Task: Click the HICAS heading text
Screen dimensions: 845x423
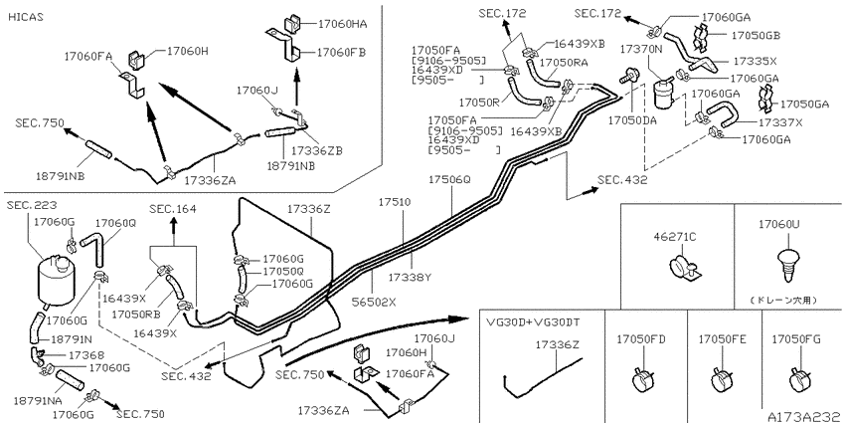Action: (x=26, y=17)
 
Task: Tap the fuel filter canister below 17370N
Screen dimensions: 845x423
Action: (x=664, y=94)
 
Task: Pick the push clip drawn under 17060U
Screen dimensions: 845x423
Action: (x=787, y=264)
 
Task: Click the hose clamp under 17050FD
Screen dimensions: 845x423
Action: (x=643, y=380)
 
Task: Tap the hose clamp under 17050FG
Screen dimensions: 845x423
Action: (x=800, y=380)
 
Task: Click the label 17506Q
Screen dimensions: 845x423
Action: (x=449, y=179)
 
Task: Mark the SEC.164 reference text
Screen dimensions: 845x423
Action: (x=173, y=209)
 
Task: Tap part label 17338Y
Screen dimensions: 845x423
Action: (x=411, y=278)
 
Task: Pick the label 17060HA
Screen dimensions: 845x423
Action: (x=342, y=24)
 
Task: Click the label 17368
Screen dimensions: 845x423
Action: (x=85, y=355)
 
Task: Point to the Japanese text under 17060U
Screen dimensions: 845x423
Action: (x=786, y=300)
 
